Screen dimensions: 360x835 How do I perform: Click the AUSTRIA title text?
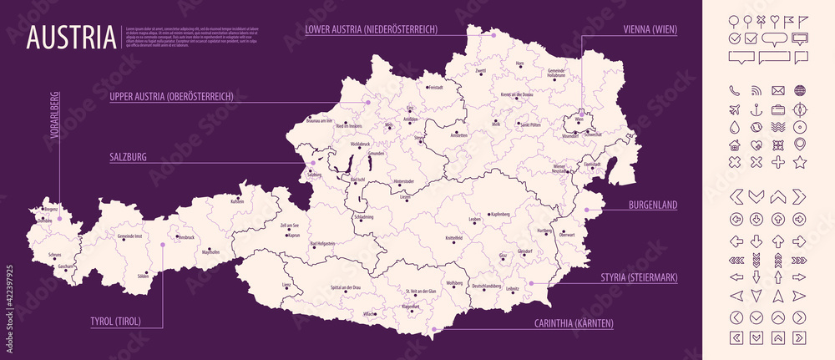[70, 38]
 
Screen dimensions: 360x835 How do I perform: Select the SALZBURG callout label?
[128, 156]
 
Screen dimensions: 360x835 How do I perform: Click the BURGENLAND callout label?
[652, 205]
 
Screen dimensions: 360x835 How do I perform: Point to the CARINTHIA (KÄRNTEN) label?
[573, 323]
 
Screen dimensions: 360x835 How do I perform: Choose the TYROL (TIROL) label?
[114, 320]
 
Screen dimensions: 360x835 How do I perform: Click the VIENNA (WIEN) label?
[650, 29]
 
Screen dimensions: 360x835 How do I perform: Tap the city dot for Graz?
[503, 260]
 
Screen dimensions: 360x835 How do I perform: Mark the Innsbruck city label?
[185, 237]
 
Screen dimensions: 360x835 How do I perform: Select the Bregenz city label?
[51, 209]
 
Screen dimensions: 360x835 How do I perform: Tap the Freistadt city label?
[435, 88]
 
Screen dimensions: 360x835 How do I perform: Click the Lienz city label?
[286, 285]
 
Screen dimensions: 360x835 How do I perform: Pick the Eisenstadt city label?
[594, 165]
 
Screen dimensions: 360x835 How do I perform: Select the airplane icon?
[735, 109]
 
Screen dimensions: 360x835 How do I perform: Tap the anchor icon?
[757, 109]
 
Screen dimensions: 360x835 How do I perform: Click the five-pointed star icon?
[800, 162]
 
